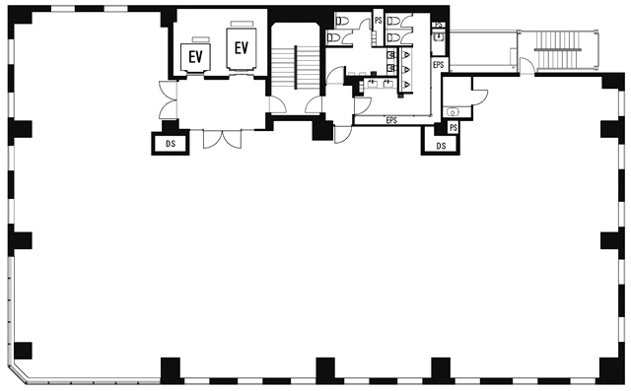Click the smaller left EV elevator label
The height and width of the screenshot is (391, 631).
coord(195,57)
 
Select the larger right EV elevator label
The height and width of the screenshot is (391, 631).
coord(242,48)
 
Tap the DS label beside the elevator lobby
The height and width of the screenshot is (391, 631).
coord(171,144)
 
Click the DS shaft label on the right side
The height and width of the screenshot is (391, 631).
coord(441,146)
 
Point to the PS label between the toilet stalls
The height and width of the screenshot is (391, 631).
coord(378,20)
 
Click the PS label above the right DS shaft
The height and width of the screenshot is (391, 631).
coord(454,128)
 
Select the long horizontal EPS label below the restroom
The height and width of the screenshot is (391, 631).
coord(391,120)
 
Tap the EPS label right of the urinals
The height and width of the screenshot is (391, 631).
coord(438,65)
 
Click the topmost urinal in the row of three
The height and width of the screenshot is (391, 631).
coord(406,54)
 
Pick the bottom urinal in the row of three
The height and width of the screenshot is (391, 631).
coord(406,84)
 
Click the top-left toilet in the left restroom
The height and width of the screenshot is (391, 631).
coord(343,21)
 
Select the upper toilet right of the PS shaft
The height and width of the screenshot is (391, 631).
coord(393,21)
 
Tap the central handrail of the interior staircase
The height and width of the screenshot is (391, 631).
coord(296,68)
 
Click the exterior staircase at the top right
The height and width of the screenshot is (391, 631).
coord(557,50)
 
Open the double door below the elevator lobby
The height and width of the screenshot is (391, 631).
coord(222,139)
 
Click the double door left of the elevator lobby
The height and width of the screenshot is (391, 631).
coord(169,99)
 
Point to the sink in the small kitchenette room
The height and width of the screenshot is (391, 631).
coord(453,111)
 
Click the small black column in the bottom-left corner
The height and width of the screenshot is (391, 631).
coord(23,351)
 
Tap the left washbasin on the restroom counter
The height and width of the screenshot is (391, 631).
coord(371,84)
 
